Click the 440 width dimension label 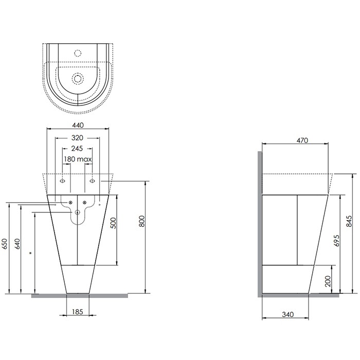point(78,125)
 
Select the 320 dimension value point(78,137)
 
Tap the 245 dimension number point(78,149)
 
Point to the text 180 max point(78,160)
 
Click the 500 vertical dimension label point(114,222)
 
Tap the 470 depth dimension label point(295,140)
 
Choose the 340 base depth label point(288,314)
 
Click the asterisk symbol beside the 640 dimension point(31,253)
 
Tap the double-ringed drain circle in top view point(78,78)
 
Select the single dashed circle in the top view point(78,52)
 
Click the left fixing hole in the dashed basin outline point(63,181)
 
